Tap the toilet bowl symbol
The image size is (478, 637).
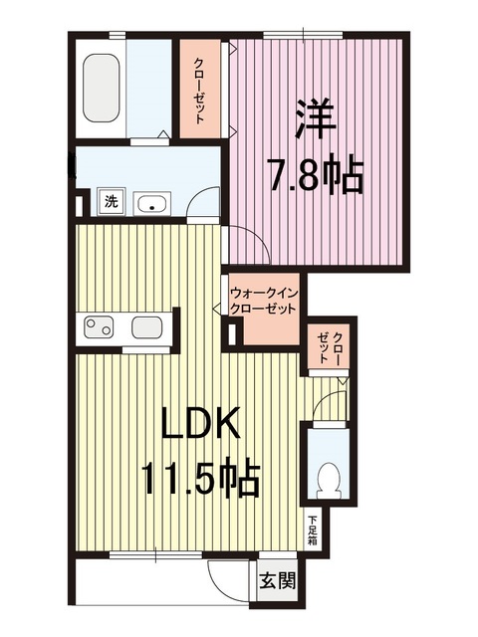325,481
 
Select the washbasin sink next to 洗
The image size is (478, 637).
150,204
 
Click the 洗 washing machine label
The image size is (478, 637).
112,202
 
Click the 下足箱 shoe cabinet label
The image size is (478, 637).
312,529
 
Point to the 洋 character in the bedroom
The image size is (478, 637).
313,118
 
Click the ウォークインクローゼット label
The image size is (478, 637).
263,302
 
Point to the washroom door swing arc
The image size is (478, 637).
205,202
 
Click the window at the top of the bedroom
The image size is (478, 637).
304,38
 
